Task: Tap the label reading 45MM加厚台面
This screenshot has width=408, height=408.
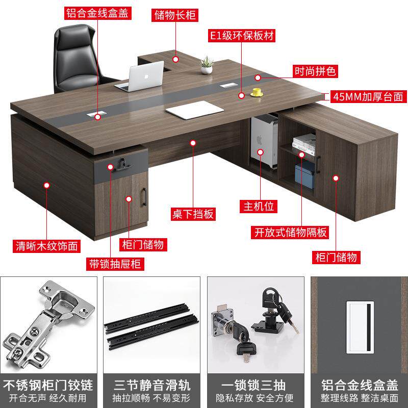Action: [x=367, y=96]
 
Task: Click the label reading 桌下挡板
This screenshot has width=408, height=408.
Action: [x=192, y=213]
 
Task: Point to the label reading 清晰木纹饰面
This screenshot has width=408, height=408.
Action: [x=46, y=246]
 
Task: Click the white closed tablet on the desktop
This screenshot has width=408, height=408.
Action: [x=194, y=108]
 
